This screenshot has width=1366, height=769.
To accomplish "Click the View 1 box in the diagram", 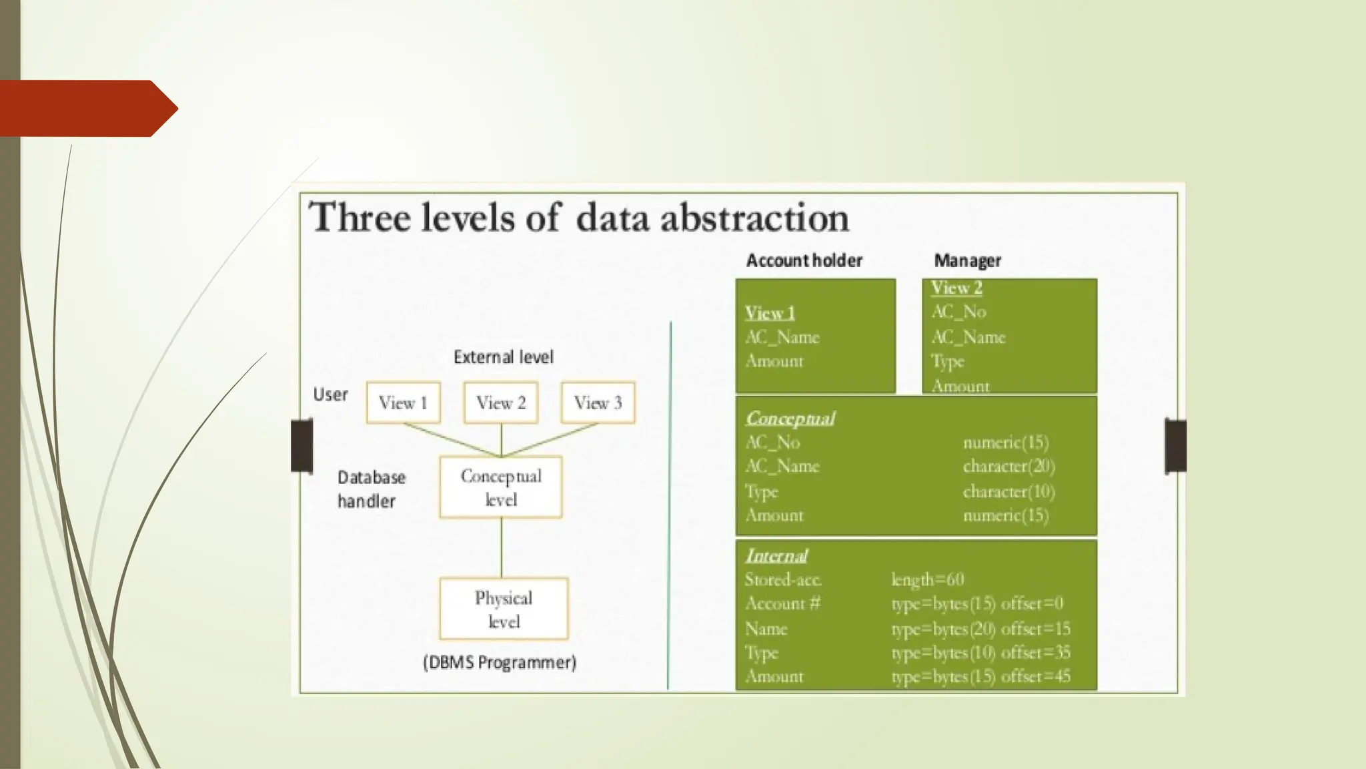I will point(403,403).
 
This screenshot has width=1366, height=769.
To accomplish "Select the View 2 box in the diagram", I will point(501,403).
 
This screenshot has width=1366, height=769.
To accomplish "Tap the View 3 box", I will point(598,403).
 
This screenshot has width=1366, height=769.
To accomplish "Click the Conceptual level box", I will point(501,487).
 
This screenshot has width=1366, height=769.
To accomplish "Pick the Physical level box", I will point(504,609).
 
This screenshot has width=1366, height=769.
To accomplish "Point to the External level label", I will point(503,357).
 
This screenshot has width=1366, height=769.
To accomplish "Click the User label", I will point(330,395).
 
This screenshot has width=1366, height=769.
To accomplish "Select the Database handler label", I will point(371,489).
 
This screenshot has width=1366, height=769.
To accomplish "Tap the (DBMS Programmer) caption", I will point(500,662).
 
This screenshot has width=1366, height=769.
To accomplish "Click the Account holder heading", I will point(804,260).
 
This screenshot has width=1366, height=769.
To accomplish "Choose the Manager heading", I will point(967,260).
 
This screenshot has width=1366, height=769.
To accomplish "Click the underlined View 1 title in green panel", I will point(770,313).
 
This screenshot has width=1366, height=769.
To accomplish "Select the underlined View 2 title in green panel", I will point(956,288).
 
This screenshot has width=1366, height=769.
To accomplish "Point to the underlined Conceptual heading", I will point(790,419).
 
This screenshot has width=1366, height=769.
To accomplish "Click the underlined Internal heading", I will point(776,555).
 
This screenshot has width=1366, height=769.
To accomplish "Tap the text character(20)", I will point(1008,466).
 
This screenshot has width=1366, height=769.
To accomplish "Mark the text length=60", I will point(928,579).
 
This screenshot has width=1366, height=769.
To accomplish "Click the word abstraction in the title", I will point(754,218).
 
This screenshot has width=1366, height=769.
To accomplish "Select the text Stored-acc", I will point(783,579).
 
